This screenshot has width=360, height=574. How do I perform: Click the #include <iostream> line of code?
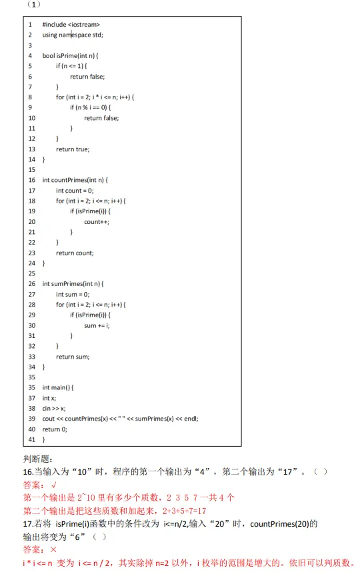(71, 25)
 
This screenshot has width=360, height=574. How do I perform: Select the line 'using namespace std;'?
(73, 35)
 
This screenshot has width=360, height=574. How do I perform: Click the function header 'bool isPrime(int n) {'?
(70, 55)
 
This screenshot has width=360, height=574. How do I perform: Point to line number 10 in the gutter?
(32, 118)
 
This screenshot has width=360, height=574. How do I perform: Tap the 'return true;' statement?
(73, 149)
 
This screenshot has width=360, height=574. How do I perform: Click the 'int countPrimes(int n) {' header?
(75, 180)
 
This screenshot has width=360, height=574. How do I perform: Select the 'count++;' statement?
(97, 222)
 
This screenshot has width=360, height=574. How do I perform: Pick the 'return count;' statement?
(75, 253)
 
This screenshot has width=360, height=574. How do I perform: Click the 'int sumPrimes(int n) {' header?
(73, 284)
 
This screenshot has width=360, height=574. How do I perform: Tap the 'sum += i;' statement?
(97, 325)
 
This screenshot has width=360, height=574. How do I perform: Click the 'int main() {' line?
(58, 387)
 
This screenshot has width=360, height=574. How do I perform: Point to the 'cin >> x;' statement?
(54, 408)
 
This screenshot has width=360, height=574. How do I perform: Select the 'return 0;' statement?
(55, 429)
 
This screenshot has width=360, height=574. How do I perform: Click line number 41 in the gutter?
(32, 439)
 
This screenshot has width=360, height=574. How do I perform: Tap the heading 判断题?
(38, 459)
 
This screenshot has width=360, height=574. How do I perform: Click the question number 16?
(28, 472)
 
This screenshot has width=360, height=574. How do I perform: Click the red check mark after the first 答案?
(54, 485)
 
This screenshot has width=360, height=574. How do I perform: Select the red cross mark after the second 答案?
(53, 549)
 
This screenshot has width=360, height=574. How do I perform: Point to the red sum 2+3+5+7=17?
(184, 511)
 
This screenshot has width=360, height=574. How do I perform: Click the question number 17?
(28, 524)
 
